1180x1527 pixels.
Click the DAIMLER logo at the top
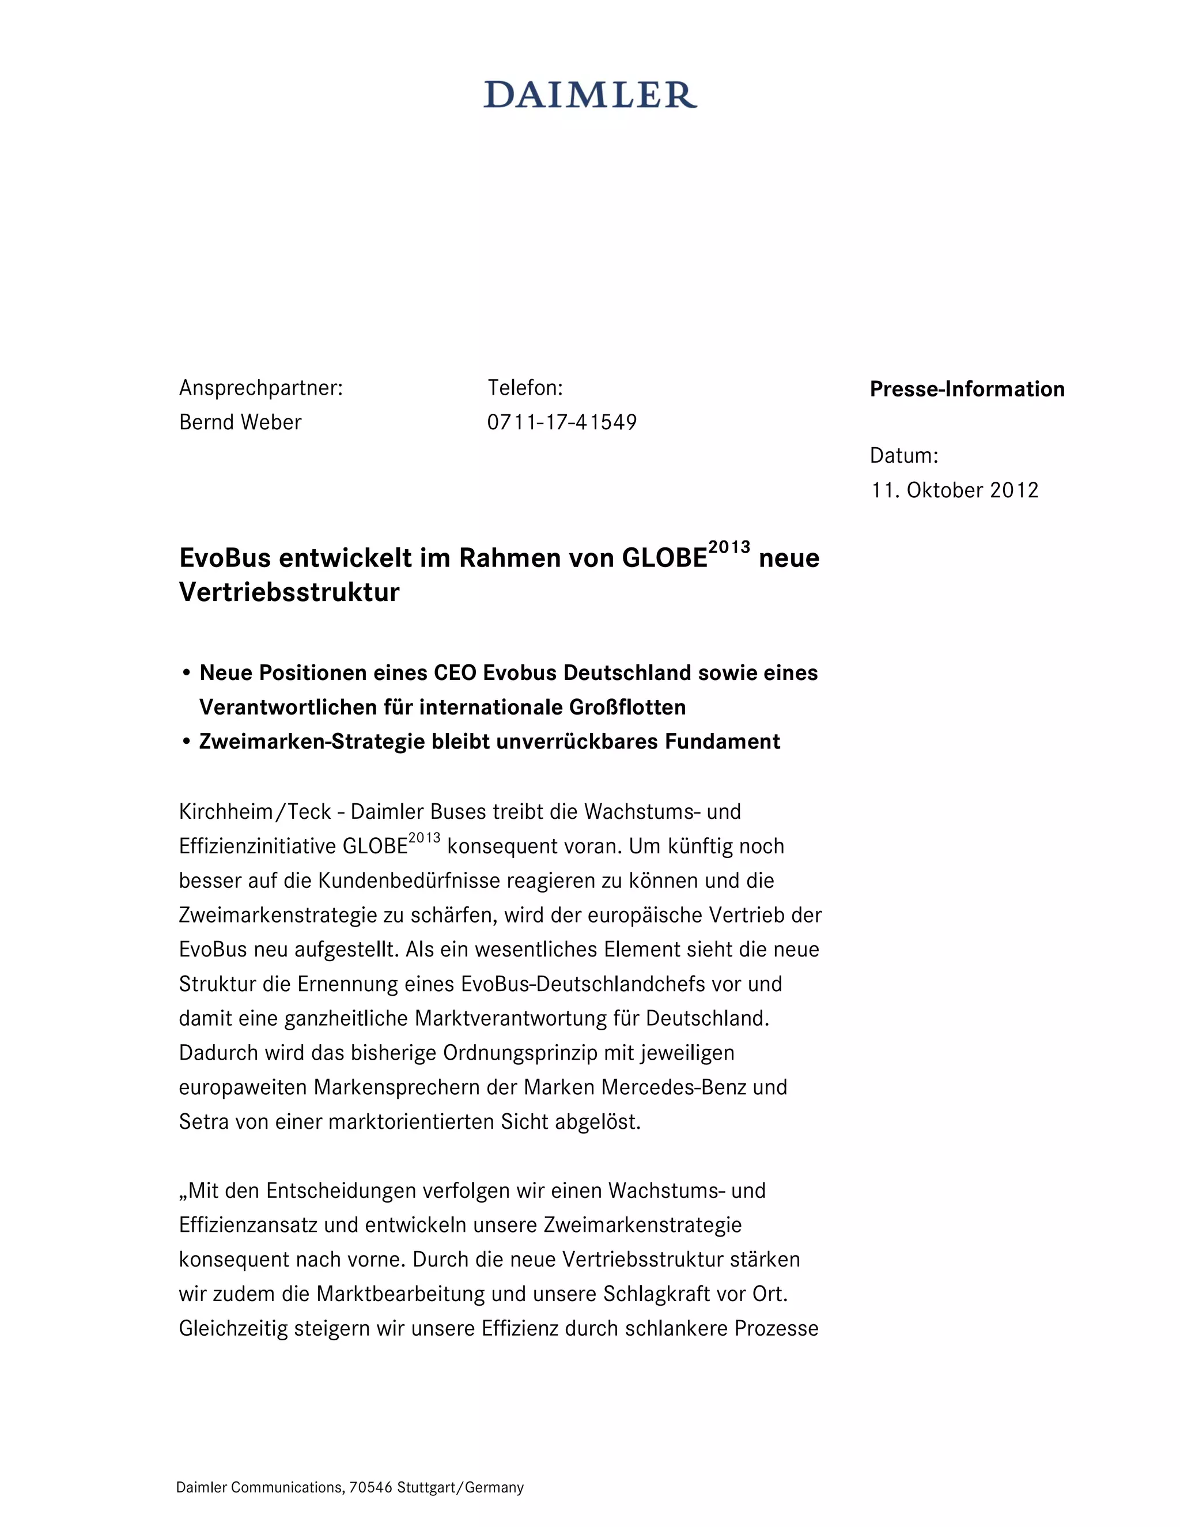tap(590, 95)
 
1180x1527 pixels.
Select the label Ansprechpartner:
tap(261, 387)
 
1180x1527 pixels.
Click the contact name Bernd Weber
tap(240, 422)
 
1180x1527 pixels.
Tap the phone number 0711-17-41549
tap(562, 422)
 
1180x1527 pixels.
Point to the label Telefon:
tap(525, 387)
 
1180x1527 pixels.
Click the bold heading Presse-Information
tap(967, 389)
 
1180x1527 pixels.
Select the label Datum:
tap(904, 456)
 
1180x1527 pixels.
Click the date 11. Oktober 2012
tap(954, 490)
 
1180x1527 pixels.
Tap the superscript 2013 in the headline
tap(729, 547)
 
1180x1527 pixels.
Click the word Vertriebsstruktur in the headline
tap(289, 592)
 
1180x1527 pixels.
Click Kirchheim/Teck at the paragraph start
tap(255, 812)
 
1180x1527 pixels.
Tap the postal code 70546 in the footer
tap(370, 1487)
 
